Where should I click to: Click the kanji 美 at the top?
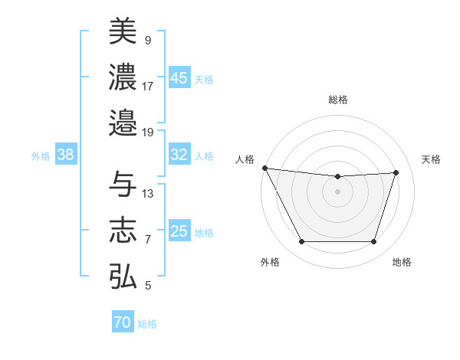point(122,31)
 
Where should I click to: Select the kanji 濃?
point(122,77)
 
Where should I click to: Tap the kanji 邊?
point(122,122)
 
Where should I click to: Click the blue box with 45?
point(179,77)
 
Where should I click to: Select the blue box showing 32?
point(179,155)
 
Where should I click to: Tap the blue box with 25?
point(179,231)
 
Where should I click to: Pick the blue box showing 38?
point(66,155)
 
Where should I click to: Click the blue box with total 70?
point(123,322)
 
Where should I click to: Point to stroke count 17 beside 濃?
point(148,86)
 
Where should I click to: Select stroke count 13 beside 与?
point(148,194)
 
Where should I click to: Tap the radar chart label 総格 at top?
point(337,100)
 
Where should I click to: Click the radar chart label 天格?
point(431,159)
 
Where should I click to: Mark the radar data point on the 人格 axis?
point(264,168)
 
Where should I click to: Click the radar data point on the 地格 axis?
point(373,242)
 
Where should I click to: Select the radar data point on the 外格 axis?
point(301,242)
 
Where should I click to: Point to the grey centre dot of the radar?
point(337,191)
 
